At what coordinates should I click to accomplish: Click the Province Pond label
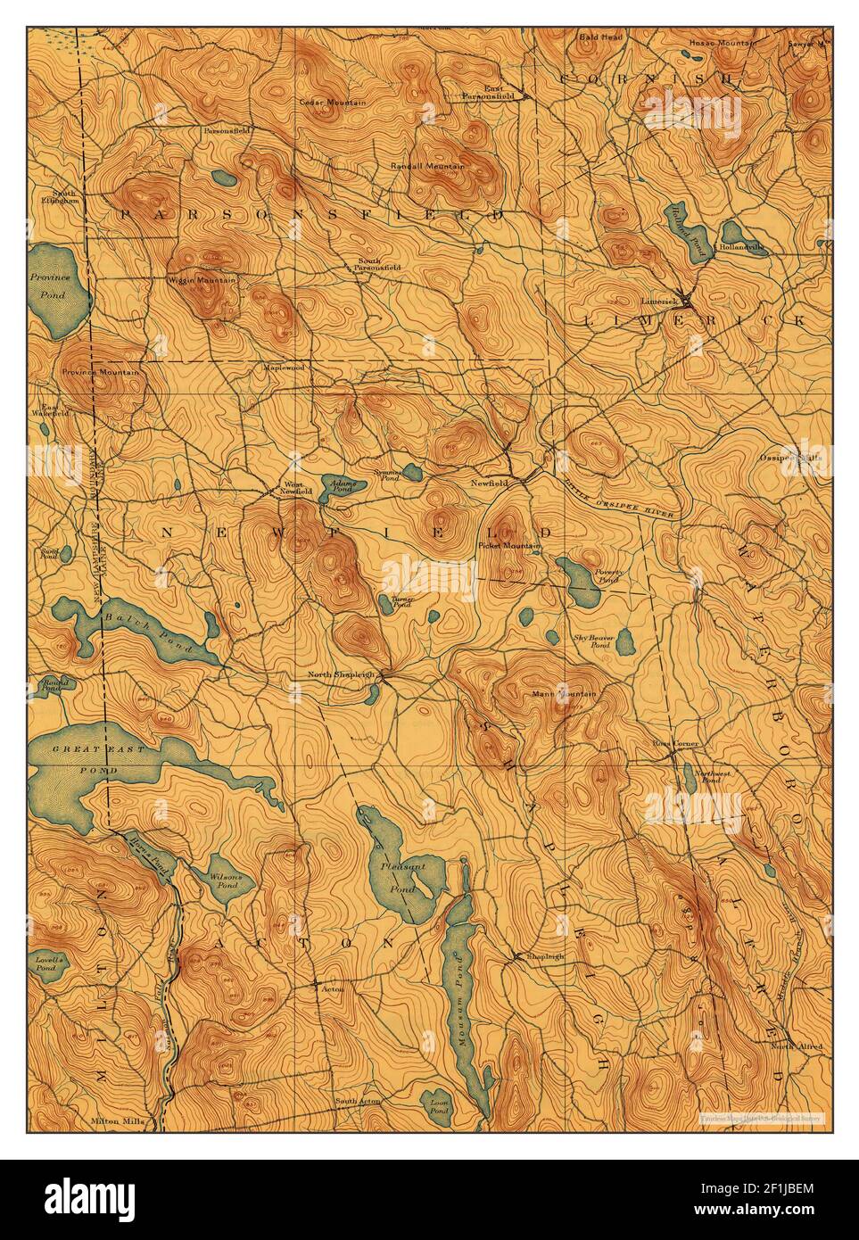point(50,284)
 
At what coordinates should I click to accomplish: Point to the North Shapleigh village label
point(340,674)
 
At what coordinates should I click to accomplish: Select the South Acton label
point(357,1102)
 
